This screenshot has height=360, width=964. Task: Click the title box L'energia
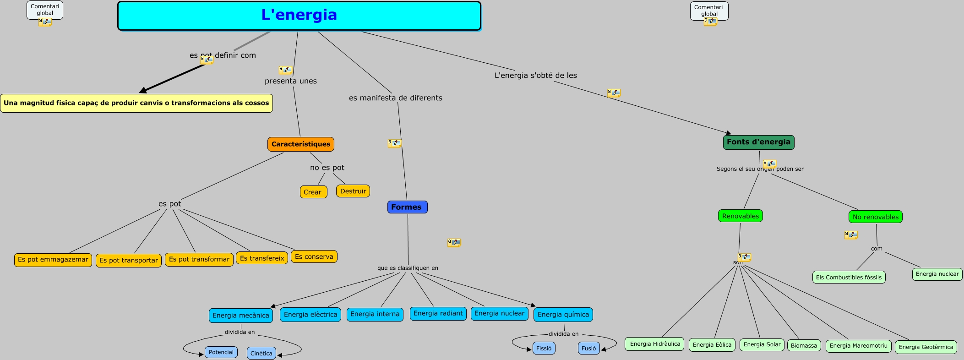pyautogui.click(x=299, y=16)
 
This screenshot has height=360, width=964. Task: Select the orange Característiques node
pyautogui.click(x=300, y=144)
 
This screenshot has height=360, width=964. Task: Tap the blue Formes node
pyautogui.click(x=407, y=207)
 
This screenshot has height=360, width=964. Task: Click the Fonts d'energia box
pyautogui.click(x=758, y=142)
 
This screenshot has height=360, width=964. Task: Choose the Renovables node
pyautogui.click(x=740, y=216)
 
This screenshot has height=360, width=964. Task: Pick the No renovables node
pyautogui.click(x=875, y=217)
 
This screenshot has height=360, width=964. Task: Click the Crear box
pyautogui.click(x=313, y=192)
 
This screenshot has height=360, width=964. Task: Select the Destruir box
pyautogui.click(x=353, y=191)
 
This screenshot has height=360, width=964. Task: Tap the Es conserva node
pyautogui.click(x=314, y=256)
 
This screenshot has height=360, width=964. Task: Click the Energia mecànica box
pyautogui.click(x=240, y=315)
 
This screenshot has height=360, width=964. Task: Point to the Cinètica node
pyautogui.click(x=261, y=353)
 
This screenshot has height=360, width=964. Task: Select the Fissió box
pyautogui.click(x=544, y=348)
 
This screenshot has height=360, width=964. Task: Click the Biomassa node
pyautogui.click(x=804, y=345)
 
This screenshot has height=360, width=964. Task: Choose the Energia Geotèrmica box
pyautogui.click(x=926, y=347)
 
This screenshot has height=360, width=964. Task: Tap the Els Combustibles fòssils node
pyautogui.click(x=848, y=277)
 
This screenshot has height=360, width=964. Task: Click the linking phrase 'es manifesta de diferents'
pyautogui.click(x=395, y=98)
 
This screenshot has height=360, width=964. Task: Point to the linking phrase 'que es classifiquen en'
pyautogui.click(x=408, y=268)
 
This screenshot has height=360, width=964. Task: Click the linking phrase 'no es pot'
pyautogui.click(x=327, y=168)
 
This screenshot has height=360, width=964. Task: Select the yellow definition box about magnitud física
pyautogui.click(x=136, y=103)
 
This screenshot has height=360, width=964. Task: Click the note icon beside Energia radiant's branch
pyautogui.click(x=454, y=242)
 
